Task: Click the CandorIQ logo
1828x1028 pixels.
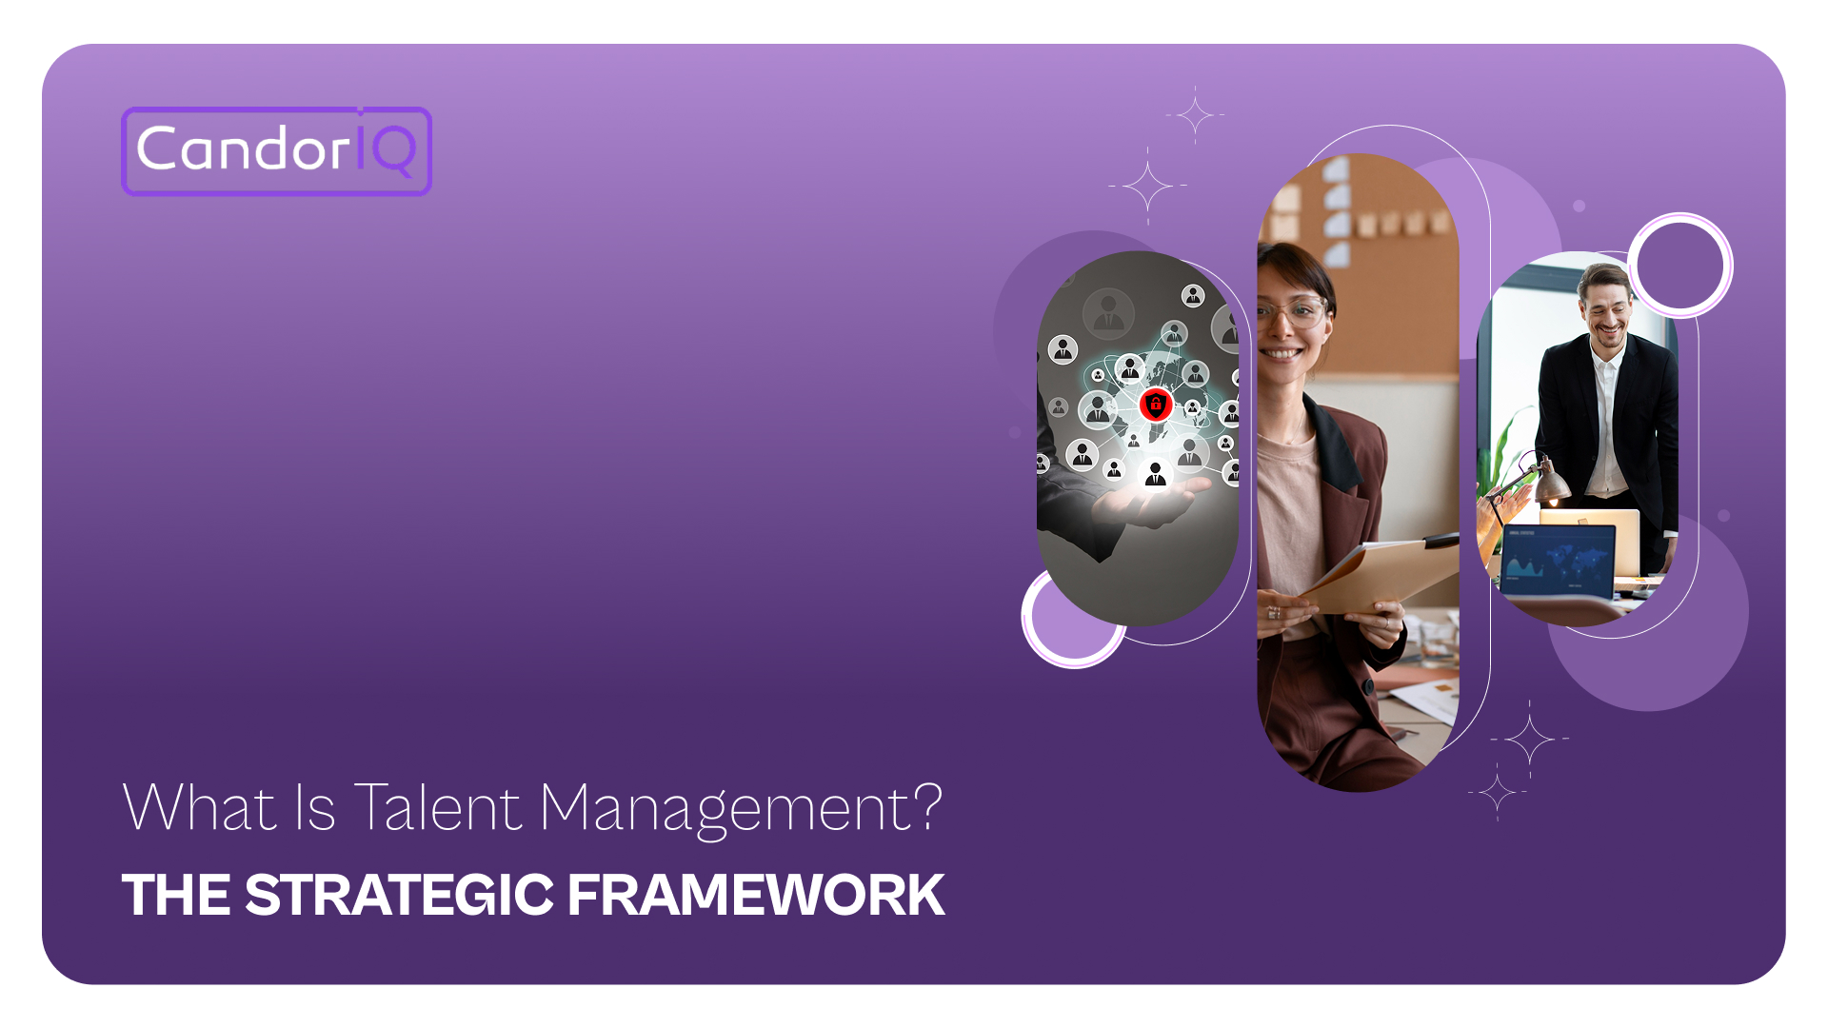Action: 276,151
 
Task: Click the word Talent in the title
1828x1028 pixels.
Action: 437,808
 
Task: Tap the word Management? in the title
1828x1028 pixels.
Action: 741,808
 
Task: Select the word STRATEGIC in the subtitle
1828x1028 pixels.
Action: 399,896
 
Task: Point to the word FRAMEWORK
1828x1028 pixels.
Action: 756,896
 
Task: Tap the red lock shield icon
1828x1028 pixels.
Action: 1156,405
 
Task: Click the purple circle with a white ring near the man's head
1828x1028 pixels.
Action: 1680,266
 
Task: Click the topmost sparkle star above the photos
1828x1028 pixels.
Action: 1195,115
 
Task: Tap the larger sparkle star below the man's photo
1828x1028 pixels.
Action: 1530,739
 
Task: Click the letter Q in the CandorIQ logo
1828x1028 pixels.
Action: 393,150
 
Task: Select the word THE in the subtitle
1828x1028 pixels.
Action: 176,896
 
